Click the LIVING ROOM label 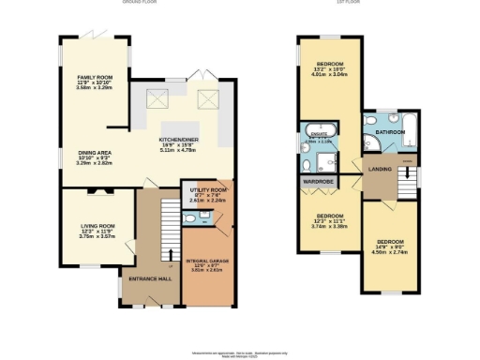(96, 225)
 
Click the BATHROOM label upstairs (390, 132)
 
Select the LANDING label (381, 169)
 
